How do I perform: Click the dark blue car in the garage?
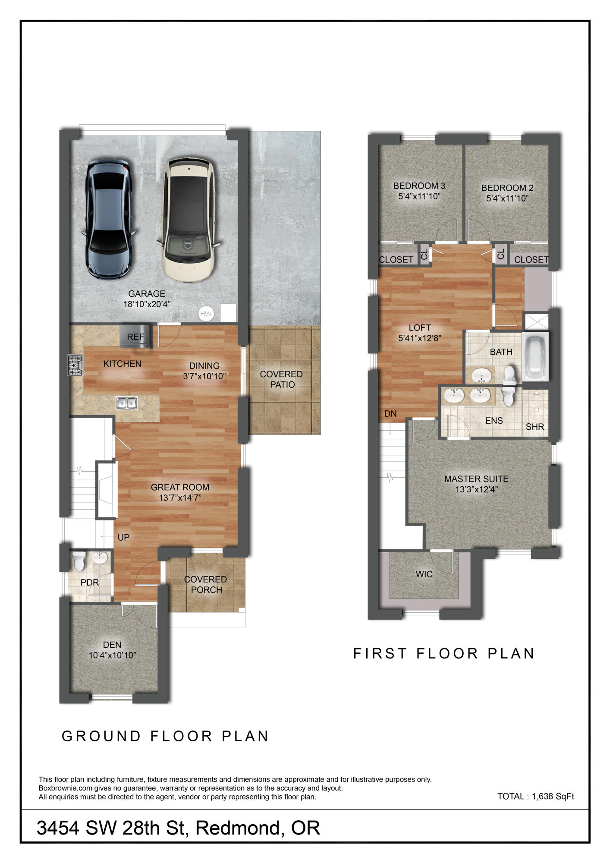click(108, 220)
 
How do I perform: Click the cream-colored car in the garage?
click(189, 220)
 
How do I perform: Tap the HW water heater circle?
click(206, 314)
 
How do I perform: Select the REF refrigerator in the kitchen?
click(135, 336)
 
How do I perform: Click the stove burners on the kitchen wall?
click(75, 365)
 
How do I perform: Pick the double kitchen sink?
click(126, 403)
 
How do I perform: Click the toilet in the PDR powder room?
click(79, 561)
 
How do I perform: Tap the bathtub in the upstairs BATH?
click(535, 356)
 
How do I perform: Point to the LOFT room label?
click(419, 328)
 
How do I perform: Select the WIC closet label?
click(424, 574)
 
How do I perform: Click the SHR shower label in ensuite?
click(535, 427)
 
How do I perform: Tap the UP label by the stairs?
click(123, 538)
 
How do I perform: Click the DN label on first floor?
click(390, 414)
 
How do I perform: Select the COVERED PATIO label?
click(281, 379)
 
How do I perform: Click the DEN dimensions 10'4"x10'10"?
click(112, 655)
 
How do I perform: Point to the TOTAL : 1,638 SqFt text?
click(535, 797)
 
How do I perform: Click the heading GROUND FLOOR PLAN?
click(165, 736)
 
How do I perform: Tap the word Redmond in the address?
click(238, 828)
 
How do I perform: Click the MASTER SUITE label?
click(476, 479)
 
